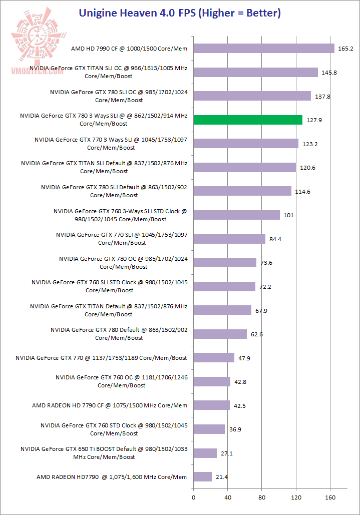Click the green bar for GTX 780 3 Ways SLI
point(248,120)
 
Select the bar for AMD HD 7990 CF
point(263,48)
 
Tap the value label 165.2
point(345,49)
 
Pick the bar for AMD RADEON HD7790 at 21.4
point(202,476)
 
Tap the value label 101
point(288,215)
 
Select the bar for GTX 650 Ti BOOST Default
point(205,453)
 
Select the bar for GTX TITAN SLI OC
point(255,72)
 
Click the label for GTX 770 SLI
point(122,239)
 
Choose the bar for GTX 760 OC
point(212,381)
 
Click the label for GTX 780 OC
point(123,263)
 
